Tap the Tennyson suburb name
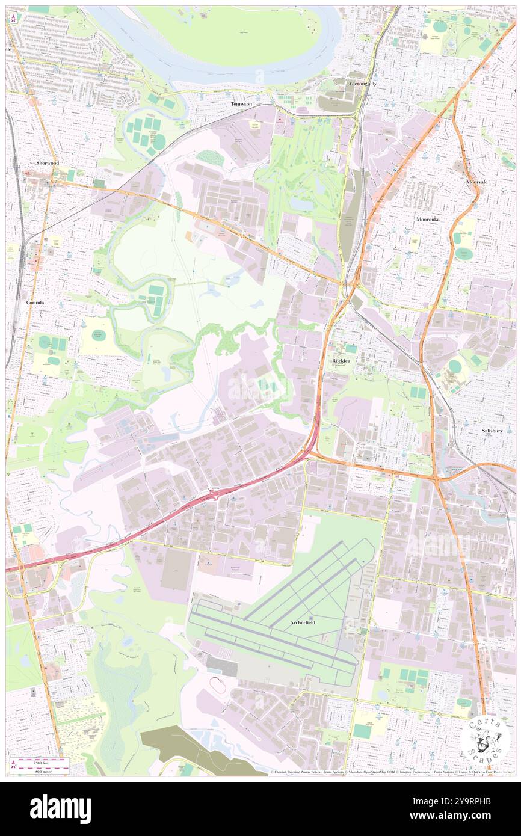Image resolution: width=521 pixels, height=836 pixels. (241, 104)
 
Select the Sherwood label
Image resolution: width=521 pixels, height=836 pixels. (47, 163)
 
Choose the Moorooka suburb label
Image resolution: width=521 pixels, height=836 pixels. (428, 220)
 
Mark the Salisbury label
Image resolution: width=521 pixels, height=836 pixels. (492, 431)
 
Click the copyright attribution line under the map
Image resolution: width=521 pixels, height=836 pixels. (385, 772)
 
